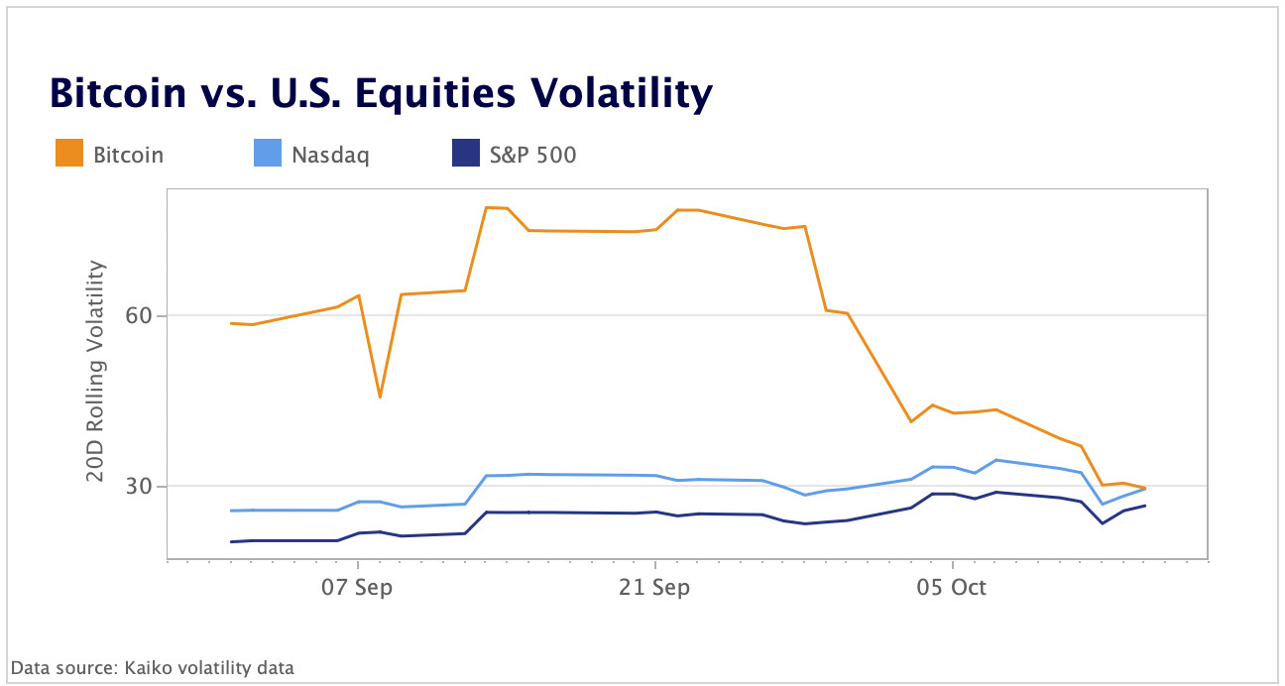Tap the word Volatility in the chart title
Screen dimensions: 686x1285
[616, 93]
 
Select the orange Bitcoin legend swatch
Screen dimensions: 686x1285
[69, 155]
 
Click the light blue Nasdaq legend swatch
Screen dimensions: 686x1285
[268, 155]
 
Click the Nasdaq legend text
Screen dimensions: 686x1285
[329, 155]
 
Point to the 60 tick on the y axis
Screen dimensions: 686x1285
[138, 316]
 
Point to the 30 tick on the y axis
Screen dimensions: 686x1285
[138, 486]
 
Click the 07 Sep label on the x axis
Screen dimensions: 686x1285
[357, 587]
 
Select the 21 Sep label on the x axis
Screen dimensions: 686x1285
[654, 587]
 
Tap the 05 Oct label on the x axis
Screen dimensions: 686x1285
[952, 587]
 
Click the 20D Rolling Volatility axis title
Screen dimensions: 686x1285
[95, 371]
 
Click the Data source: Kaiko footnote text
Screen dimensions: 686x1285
[153, 667]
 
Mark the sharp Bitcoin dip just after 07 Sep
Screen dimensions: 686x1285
[380, 398]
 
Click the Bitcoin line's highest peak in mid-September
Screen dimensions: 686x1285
[486, 207]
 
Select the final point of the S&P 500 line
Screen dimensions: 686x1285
[1145, 506]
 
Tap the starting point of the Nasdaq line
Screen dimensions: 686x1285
[231, 511]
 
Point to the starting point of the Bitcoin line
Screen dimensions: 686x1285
[231, 323]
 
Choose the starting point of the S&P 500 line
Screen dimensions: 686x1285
[231, 541]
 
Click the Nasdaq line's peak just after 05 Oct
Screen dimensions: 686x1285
[995, 460]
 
